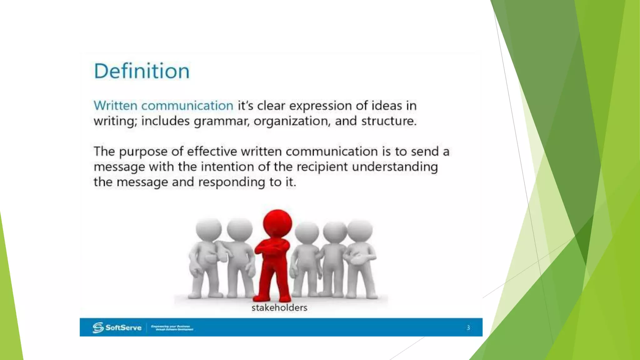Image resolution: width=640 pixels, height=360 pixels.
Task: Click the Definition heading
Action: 142,71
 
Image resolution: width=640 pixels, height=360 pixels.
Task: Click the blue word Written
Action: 115,106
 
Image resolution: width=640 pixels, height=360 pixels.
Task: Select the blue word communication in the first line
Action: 187,106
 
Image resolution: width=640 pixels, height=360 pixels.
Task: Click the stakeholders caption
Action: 279,308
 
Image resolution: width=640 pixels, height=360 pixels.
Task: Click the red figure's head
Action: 277,223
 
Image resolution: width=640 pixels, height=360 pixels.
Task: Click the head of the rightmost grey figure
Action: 360,231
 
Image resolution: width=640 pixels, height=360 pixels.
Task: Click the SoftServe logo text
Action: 123,327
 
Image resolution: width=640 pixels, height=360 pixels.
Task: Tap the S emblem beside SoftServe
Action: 98,327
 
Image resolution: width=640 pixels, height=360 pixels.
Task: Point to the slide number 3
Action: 468,327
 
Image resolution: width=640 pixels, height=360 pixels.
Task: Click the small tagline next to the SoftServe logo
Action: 172,328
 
